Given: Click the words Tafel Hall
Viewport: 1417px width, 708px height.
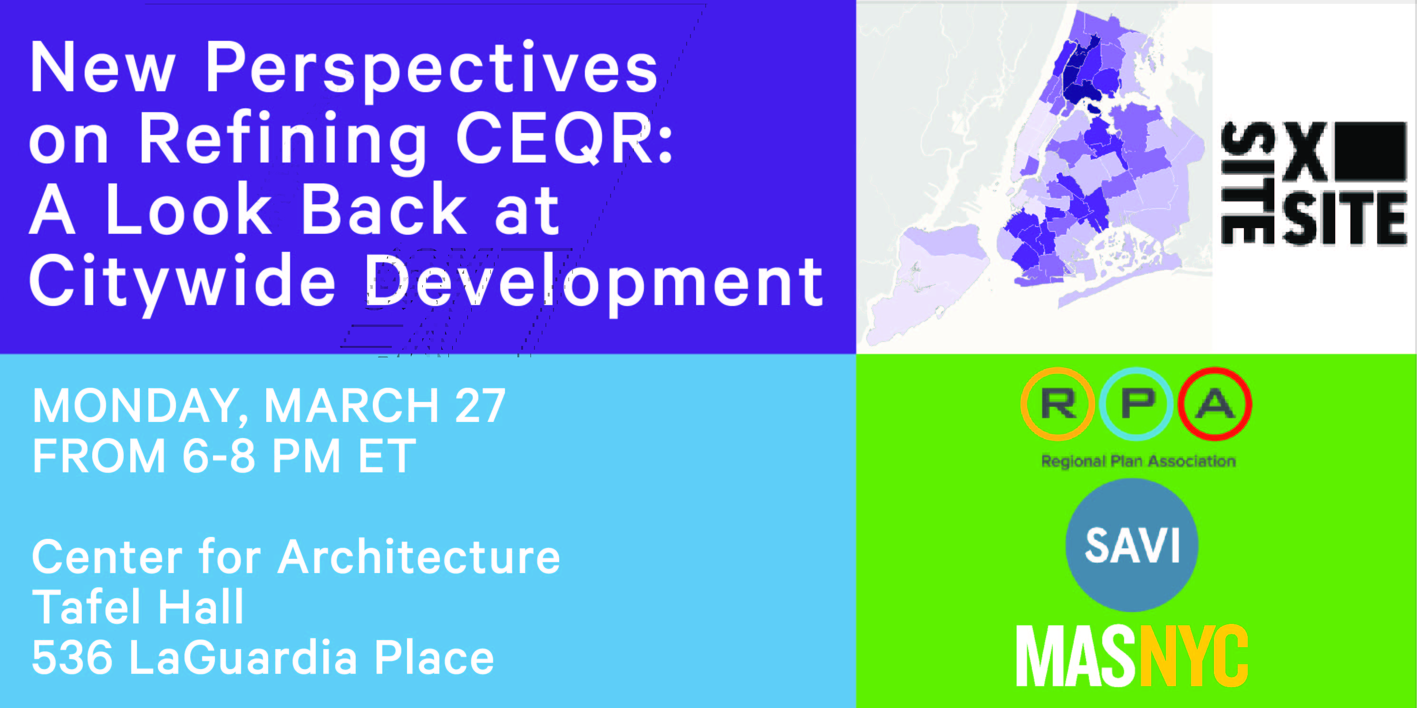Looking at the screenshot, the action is pos(138,606).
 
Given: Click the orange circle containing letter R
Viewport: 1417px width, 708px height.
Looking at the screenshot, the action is pos(1057,404).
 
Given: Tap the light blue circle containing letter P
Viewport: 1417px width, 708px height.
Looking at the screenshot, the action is pos(1136,404).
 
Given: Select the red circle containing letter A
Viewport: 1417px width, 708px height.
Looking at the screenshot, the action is pos(1214,404).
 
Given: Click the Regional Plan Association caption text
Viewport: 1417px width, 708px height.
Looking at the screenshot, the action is pos(1138,461).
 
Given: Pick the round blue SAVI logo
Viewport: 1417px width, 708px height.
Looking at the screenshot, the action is pos(1132,545).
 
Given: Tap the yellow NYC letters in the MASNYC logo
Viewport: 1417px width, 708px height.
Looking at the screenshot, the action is pos(1194,656).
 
